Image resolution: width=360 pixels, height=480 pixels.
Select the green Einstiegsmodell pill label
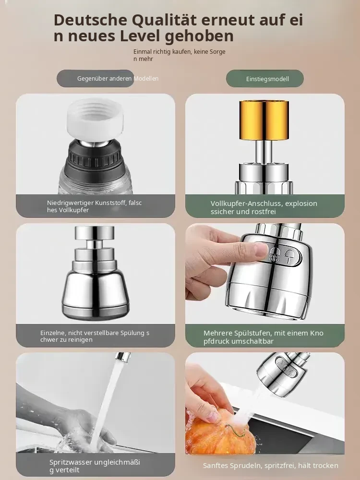point(265,79)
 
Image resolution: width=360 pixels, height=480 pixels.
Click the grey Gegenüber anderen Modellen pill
point(96,78)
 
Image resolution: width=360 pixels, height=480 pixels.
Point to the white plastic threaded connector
point(95,120)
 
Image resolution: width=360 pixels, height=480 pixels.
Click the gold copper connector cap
point(264,120)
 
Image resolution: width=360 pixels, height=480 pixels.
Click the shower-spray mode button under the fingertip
point(275,254)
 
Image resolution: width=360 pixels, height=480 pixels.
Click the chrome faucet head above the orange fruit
point(282,374)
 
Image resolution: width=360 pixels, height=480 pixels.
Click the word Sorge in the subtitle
point(217,52)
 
